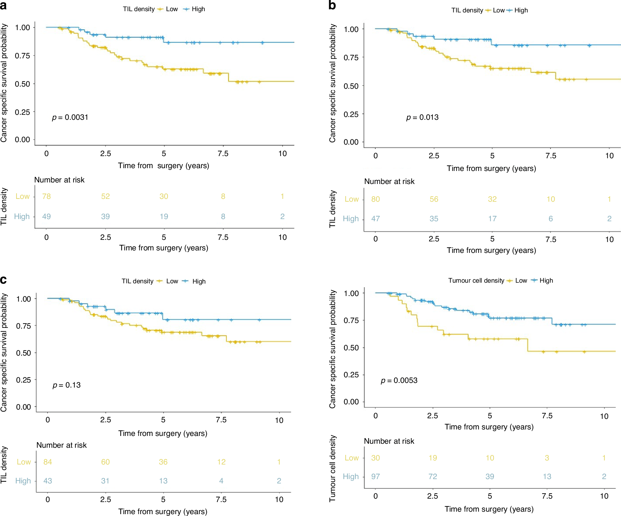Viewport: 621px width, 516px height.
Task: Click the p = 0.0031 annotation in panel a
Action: pyautogui.click(x=70, y=117)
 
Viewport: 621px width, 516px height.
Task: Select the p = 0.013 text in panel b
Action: pyautogui.click(x=422, y=117)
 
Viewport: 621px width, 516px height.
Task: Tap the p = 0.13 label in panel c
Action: pyautogui.click(x=66, y=385)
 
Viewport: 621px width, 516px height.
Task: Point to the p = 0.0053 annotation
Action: pyautogui.click(x=399, y=380)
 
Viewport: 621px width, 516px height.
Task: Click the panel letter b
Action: pyautogui.click(x=332, y=5)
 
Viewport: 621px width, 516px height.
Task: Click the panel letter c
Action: pyautogui.click(x=3, y=280)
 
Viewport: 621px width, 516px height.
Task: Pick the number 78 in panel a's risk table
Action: pyautogui.click(x=47, y=196)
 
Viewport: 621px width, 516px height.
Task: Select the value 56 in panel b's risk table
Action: pyautogui.click(x=434, y=199)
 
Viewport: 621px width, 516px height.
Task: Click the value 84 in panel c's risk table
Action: pyautogui.click(x=48, y=462)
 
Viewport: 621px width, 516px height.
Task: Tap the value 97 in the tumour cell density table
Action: pyautogui.click(x=375, y=477)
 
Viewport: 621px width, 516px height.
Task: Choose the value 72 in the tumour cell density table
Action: pyautogui.click(x=433, y=477)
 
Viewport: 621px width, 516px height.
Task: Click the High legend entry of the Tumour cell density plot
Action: pyautogui.click(x=546, y=280)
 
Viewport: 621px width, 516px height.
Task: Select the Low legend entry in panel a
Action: pyautogui.click(x=172, y=9)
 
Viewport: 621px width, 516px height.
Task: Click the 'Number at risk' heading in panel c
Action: pyautogui.click(x=61, y=445)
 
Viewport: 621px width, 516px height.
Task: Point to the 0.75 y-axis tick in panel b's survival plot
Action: pyautogui.click(x=351, y=58)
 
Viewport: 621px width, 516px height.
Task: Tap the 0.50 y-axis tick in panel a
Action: pyautogui.click(x=22, y=84)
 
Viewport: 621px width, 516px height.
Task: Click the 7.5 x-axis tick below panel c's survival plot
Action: pyautogui.click(x=221, y=420)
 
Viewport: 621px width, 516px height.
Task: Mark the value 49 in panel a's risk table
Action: pyautogui.click(x=47, y=217)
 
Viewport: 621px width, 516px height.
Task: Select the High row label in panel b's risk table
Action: pyautogui.click(x=351, y=219)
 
